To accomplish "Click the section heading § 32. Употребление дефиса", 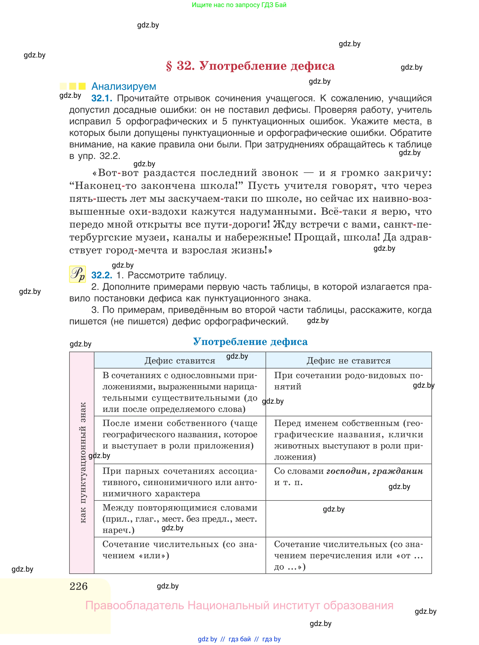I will (x=250, y=66).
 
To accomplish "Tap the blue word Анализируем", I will (x=124, y=86).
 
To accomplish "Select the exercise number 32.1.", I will (x=102, y=98).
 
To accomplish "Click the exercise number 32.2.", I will (x=102, y=275).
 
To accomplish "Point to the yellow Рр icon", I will (x=77, y=274).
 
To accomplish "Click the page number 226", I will (x=79, y=586).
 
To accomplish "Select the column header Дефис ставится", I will (x=180, y=360).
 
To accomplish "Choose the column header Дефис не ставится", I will (x=348, y=360).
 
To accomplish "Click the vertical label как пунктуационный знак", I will (x=83, y=463).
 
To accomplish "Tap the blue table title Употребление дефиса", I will (x=250, y=342).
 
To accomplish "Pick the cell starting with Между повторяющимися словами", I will (x=180, y=519).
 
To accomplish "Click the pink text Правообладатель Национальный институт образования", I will (x=239, y=606).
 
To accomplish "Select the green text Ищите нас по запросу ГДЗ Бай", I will (x=239, y=5).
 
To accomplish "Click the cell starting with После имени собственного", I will (x=180, y=434).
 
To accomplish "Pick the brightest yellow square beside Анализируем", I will (x=82, y=86).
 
